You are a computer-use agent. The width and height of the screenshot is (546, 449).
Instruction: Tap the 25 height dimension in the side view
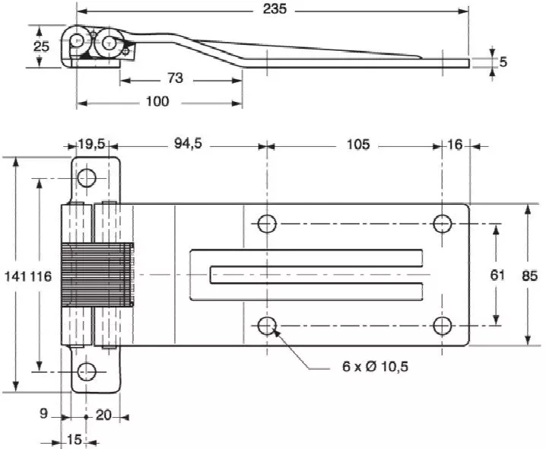click(42, 46)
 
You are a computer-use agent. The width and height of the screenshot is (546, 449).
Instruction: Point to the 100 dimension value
click(157, 101)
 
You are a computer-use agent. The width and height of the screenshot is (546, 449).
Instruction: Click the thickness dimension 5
click(503, 62)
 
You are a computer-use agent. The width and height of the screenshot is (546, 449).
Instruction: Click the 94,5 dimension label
click(186, 145)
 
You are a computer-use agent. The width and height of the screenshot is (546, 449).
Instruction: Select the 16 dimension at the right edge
click(455, 145)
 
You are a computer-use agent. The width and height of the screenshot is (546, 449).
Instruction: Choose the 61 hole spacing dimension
click(497, 275)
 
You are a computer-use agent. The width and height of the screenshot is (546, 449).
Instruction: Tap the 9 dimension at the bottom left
click(43, 414)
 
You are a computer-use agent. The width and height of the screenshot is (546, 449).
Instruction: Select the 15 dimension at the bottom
click(75, 439)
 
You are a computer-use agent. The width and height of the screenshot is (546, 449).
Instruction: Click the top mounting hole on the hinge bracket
click(87, 179)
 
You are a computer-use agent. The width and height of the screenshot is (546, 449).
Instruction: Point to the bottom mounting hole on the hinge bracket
click(87, 371)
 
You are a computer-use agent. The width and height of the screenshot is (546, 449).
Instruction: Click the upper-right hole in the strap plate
click(443, 224)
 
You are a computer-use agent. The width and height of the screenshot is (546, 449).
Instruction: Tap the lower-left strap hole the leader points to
click(266, 326)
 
